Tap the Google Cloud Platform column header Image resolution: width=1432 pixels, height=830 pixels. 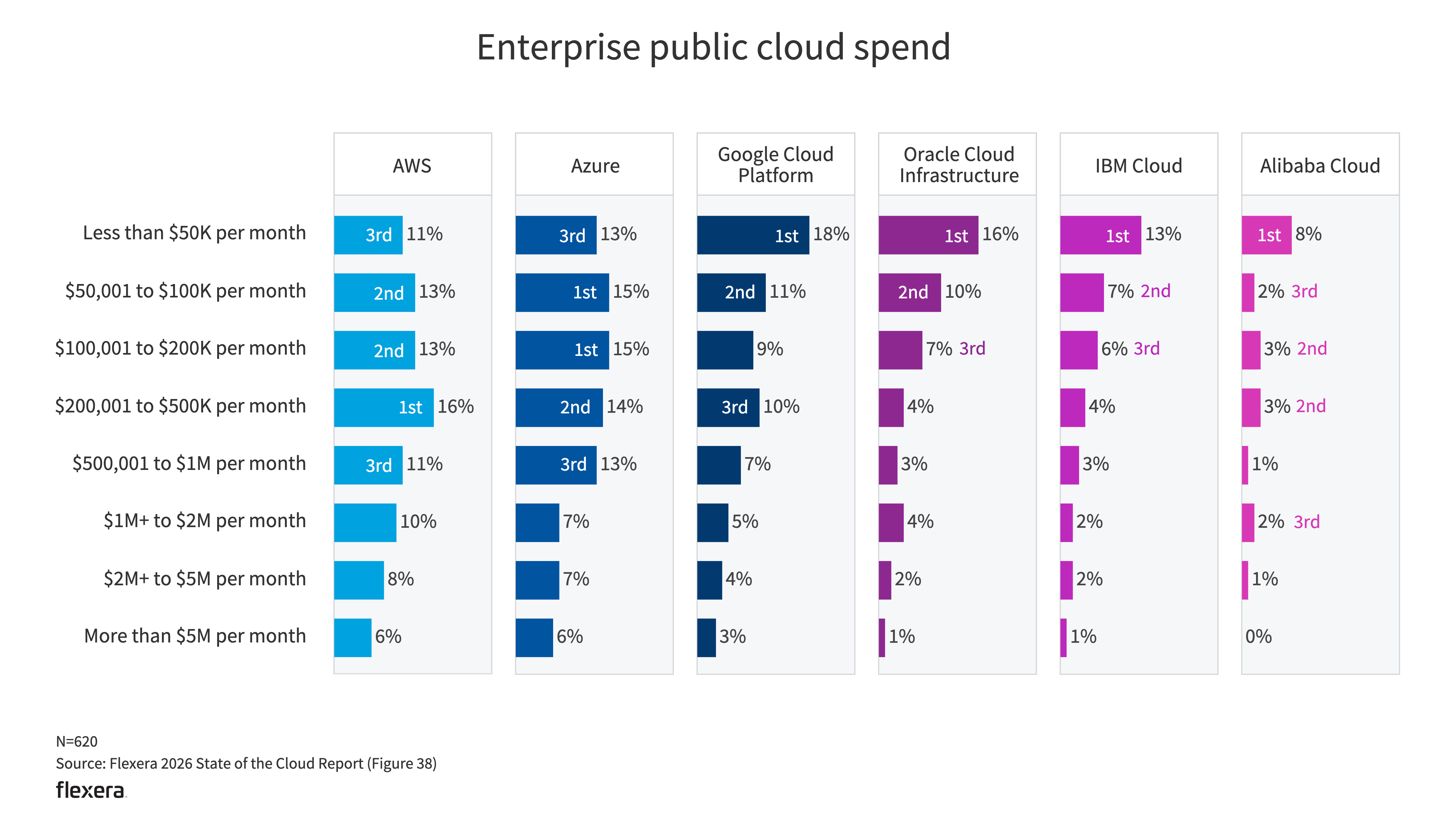point(776,165)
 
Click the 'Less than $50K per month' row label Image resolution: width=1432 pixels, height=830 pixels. point(194,233)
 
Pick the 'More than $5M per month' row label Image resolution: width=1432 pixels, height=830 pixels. point(195,636)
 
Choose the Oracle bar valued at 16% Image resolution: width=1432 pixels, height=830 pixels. point(928,235)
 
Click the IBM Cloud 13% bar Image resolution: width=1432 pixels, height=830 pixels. point(1100,235)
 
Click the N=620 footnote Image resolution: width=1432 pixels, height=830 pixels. point(77,741)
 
